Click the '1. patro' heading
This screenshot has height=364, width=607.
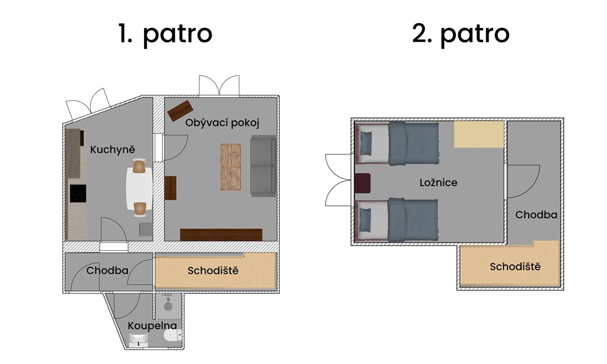(165, 34)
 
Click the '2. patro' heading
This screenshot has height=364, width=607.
(461, 34)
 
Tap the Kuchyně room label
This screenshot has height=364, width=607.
(113, 149)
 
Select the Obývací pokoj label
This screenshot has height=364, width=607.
(222, 123)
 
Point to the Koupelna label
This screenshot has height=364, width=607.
(152, 326)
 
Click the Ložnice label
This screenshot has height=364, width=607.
(438, 183)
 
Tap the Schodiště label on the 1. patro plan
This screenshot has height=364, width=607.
(213, 270)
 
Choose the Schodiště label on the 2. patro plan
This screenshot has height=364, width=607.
(515, 266)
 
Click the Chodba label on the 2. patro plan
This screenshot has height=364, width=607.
(536, 215)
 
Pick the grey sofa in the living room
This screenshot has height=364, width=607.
(263, 166)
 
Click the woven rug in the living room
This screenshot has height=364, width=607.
(231, 167)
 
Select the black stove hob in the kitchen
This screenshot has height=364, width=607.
(78, 193)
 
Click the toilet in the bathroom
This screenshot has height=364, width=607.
(172, 336)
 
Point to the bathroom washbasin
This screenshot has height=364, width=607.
(138, 339)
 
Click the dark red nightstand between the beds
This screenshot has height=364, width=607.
(362, 183)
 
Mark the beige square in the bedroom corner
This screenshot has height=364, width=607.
(479, 135)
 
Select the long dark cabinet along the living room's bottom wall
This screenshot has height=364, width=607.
(221, 235)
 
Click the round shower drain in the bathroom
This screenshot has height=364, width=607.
(168, 306)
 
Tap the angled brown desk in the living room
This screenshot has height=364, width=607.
(180, 111)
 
